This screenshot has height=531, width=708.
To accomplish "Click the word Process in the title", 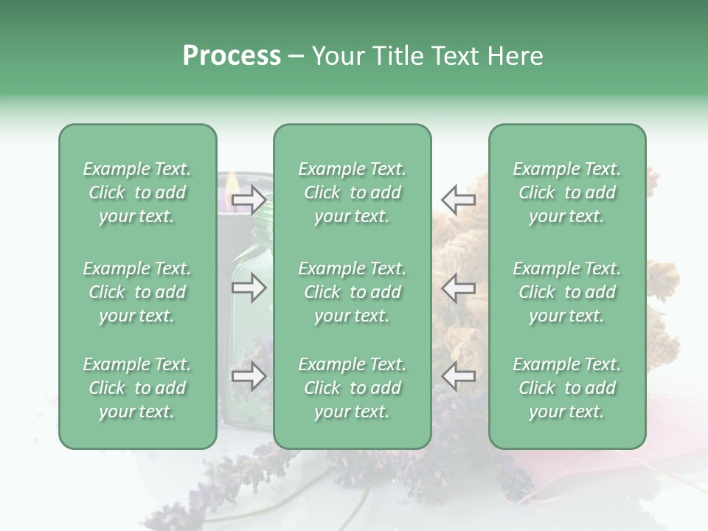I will pyautogui.click(x=232, y=56).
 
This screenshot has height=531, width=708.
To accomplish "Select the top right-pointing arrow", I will pyautogui.click(x=249, y=200).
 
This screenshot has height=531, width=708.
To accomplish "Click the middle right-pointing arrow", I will pyautogui.click(x=249, y=288).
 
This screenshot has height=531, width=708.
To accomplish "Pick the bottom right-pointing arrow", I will pyautogui.click(x=249, y=377).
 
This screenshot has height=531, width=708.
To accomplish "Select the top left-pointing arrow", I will pyautogui.click(x=459, y=200).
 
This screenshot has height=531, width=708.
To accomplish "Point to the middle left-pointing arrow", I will pyautogui.click(x=459, y=288).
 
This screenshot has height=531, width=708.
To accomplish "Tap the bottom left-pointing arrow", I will pyautogui.click(x=459, y=377).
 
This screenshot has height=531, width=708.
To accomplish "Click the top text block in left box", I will pyautogui.click(x=137, y=192).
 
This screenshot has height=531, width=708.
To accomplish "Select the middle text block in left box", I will pyautogui.click(x=137, y=292).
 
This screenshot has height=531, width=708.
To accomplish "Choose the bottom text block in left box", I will pyautogui.click(x=137, y=388).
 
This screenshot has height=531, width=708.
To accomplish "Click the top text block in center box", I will pyautogui.click(x=352, y=192).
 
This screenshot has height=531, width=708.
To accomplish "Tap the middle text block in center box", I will pyautogui.click(x=352, y=292).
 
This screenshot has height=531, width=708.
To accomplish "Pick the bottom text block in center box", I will pyautogui.click(x=352, y=388).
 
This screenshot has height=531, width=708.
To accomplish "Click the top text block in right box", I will pyautogui.click(x=566, y=192).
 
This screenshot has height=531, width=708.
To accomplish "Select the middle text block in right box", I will pyautogui.click(x=566, y=292).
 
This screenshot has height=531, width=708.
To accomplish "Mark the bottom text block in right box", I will pyautogui.click(x=566, y=388).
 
